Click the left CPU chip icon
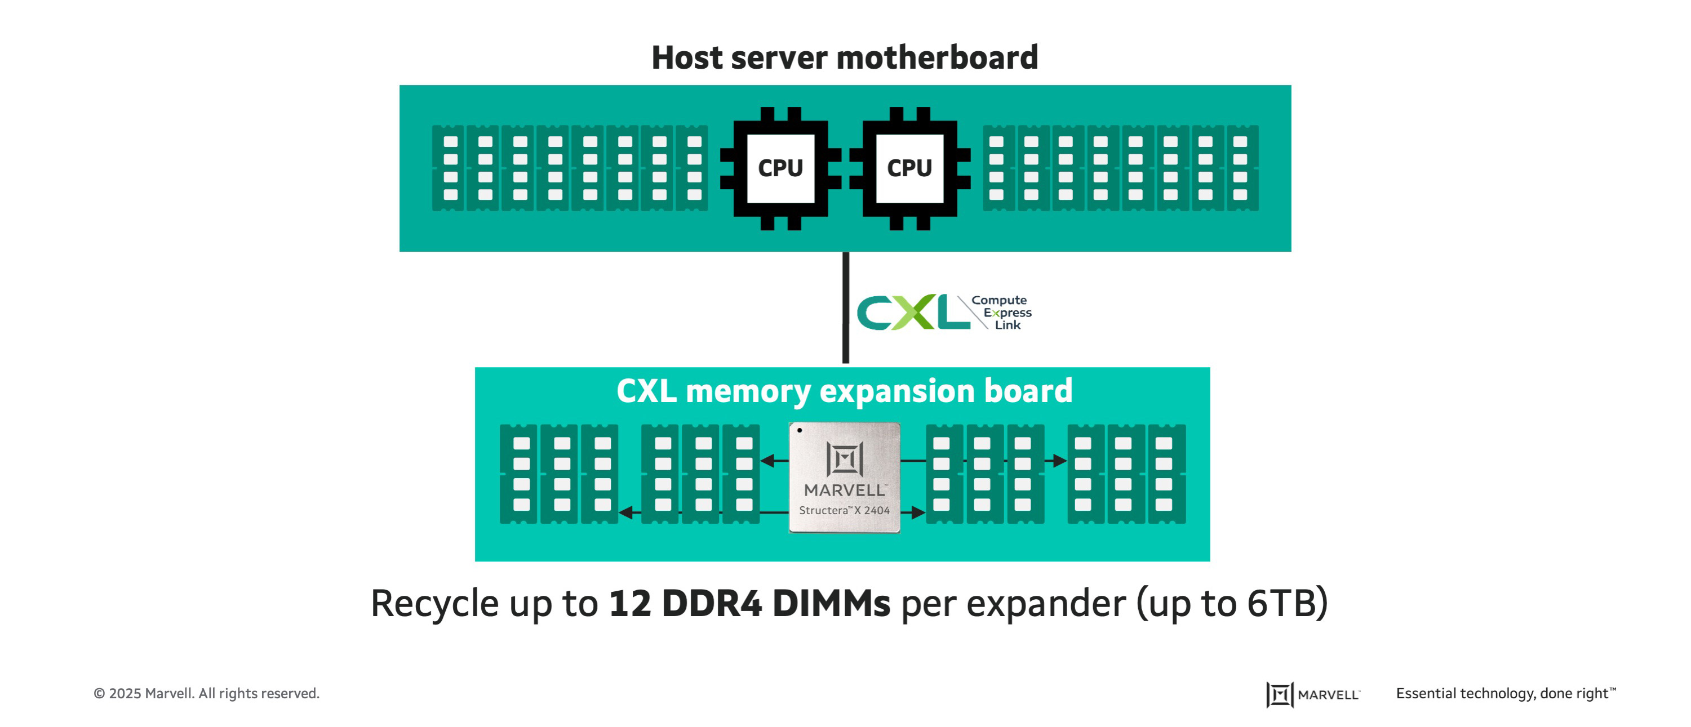[x=780, y=168]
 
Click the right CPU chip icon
[x=909, y=168]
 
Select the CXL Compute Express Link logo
[x=944, y=313]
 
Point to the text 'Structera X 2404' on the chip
[x=844, y=510]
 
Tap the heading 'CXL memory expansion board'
[x=844, y=391]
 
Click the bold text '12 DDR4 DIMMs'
[x=749, y=603]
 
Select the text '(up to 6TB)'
[x=1233, y=603]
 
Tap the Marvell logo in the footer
[x=1313, y=694]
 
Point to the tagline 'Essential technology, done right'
[x=1505, y=694]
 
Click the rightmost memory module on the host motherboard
[x=1241, y=168]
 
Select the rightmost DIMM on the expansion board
[x=1166, y=474]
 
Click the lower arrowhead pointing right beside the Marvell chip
[x=918, y=512]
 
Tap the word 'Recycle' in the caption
[x=434, y=603]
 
